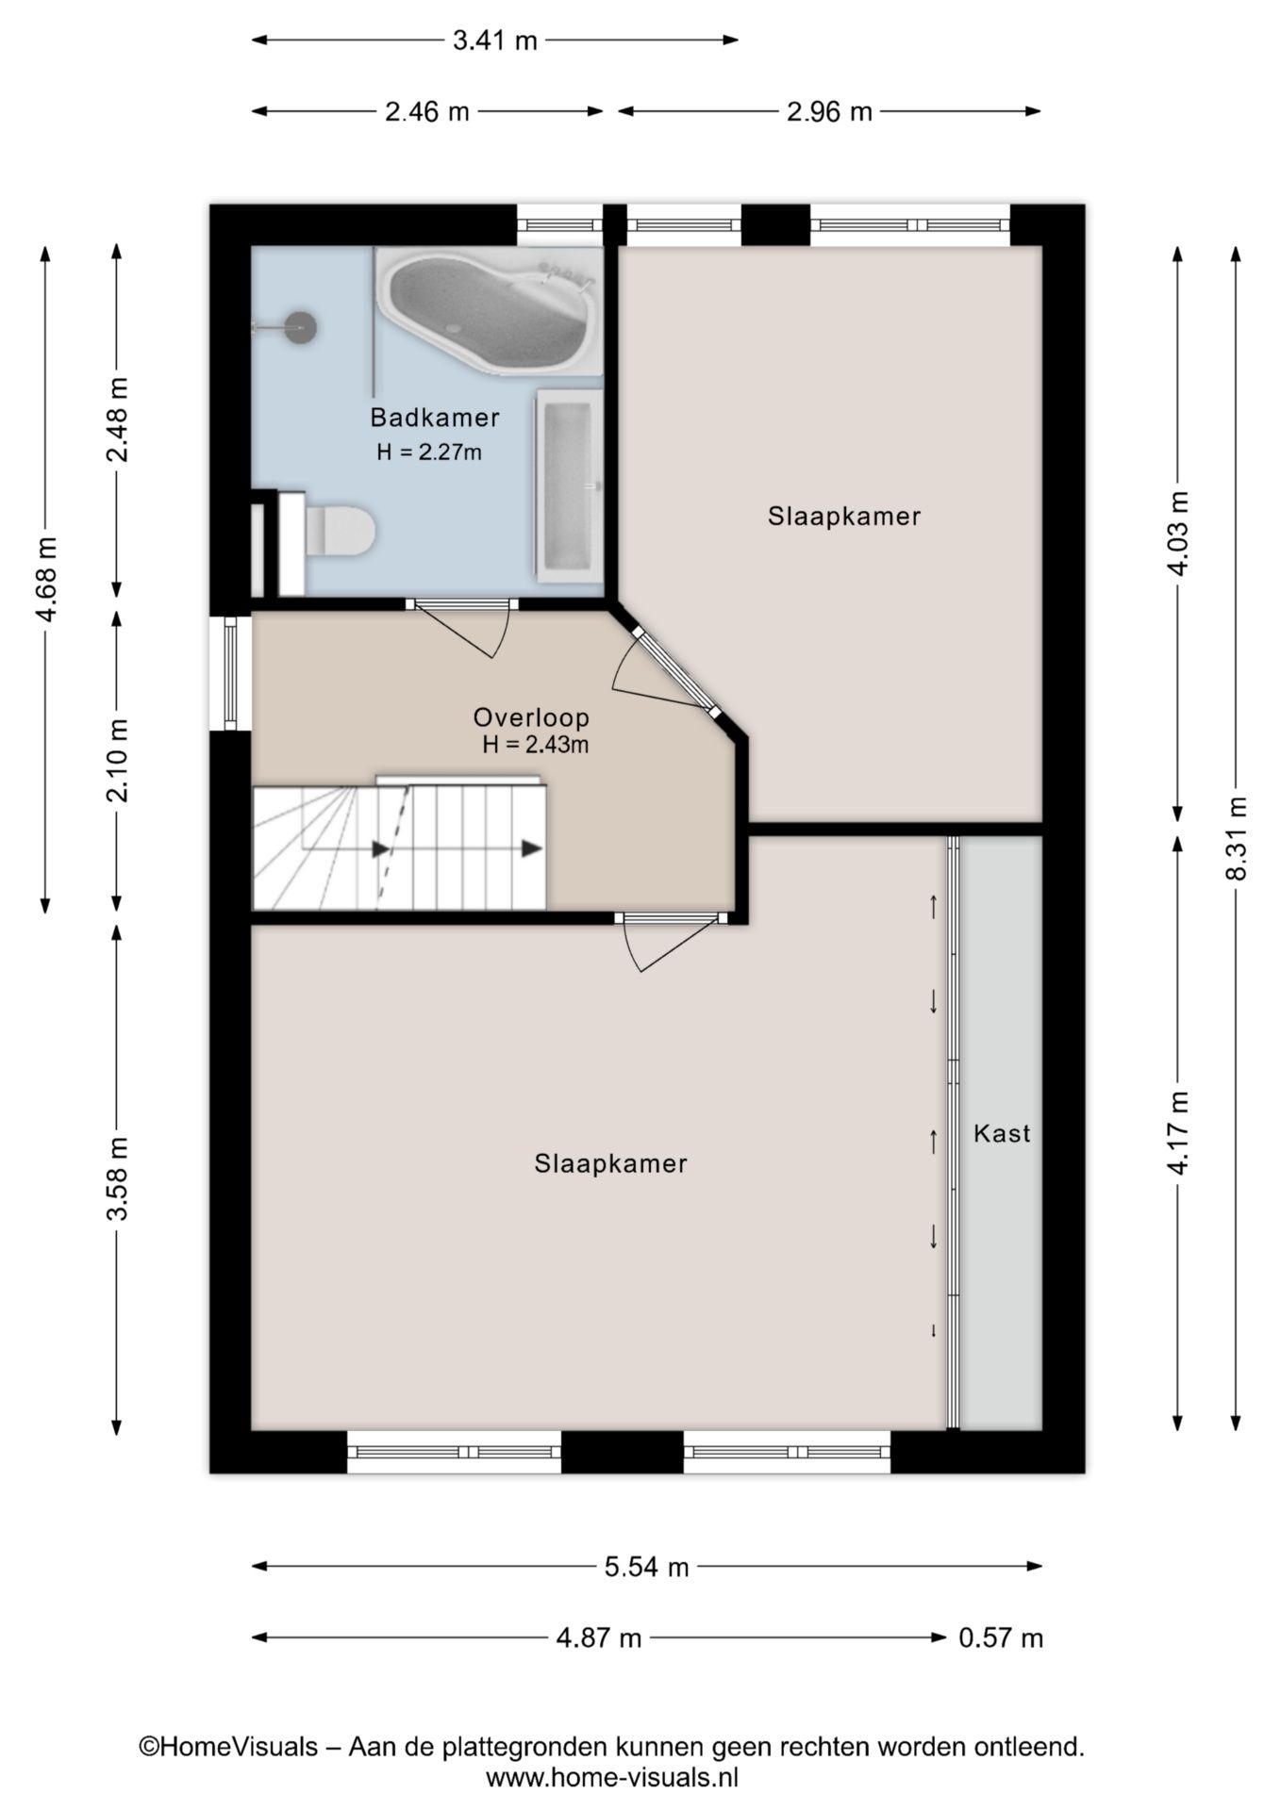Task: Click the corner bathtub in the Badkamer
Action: (x=489, y=311)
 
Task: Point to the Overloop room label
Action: (x=531, y=717)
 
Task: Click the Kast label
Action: (x=1002, y=1133)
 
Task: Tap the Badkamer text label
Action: (x=434, y=418)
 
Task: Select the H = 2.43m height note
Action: (x=535, y=745)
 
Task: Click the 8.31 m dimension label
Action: (x=1236, y=839)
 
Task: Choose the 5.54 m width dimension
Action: (x=646, y=1567)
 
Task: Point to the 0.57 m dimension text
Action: (x=1001, y=1638)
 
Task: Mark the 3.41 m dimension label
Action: (x=494, y=41)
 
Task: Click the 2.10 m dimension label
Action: (x=117, y=760)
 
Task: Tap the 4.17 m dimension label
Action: (x=1178, y=1132)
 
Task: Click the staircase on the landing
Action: (x=399, y=844)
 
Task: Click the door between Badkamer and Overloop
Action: (x=462, y=627)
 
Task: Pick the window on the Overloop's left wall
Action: (x=230, y=673)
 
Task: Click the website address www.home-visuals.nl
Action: (x=611, y=1778)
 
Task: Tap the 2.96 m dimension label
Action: (x=829, y=112)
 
